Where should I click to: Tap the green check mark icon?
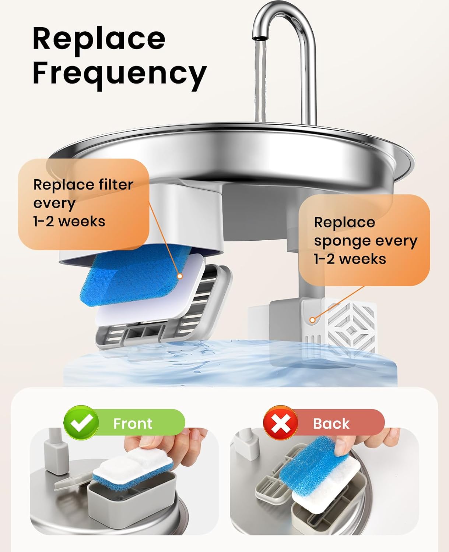pos(81,423)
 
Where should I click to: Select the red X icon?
pos(281,423)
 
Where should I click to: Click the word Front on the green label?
pos(133,424)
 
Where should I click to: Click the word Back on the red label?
pos(331,424)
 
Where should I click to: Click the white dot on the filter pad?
pos(180,276)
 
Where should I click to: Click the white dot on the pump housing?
pos(313,320)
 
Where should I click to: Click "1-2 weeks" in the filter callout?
pos(69,222)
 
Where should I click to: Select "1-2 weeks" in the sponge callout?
pos(350,259)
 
